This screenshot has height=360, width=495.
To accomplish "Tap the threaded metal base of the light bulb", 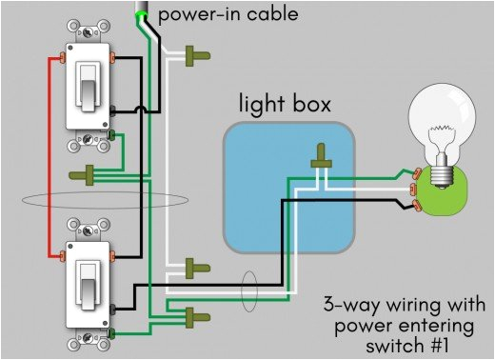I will (439, 174).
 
